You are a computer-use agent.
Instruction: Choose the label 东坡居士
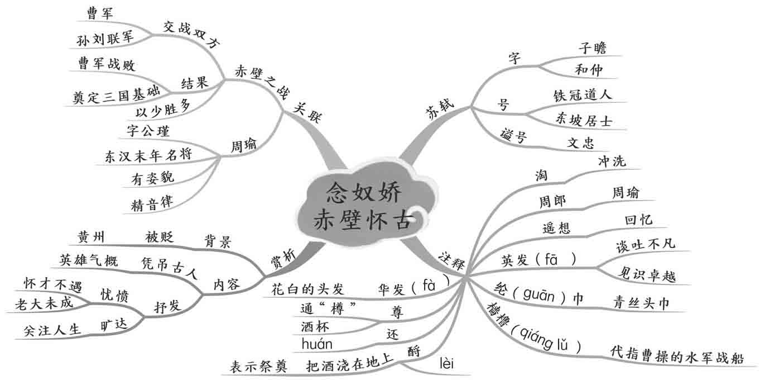[x=584, y=120]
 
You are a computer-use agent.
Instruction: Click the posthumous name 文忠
[x=580, y=142]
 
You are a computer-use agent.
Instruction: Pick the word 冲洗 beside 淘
[x=612, y=161]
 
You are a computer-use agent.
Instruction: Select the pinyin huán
[x=316, y=344]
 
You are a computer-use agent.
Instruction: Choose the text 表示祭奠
[x=258, y=367]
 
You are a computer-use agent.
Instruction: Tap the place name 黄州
[x=90, y=237]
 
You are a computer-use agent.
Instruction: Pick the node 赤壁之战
[x=257, y=79]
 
